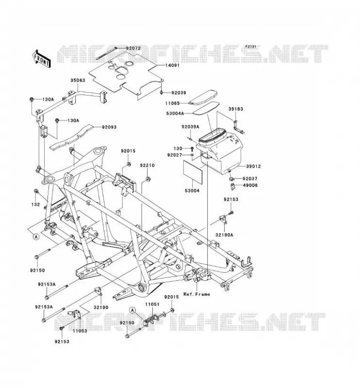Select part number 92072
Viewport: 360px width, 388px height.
click(133, 48)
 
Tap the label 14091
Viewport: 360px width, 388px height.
click(172, 65)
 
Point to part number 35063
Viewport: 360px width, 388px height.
click(78, 81)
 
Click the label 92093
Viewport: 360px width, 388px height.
click(109, 127)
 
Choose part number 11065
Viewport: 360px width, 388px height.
click(173, 103)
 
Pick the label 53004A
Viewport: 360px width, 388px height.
click(175, 113)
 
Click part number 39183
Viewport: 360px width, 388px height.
click(236, 109)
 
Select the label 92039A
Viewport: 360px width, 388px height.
click(190, 127)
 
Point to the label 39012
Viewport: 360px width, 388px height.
click(253, 166)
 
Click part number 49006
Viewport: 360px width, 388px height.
click(250, 185)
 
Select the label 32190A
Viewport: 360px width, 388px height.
click(224, 235)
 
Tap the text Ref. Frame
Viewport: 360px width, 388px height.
click(196, 294)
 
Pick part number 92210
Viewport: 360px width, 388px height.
click(147, 165)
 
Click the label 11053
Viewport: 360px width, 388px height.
click(80, 331)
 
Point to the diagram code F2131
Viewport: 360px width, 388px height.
click(251, 47)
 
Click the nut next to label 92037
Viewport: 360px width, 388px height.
click(231, 179)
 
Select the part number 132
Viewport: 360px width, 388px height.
click(35, 204)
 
